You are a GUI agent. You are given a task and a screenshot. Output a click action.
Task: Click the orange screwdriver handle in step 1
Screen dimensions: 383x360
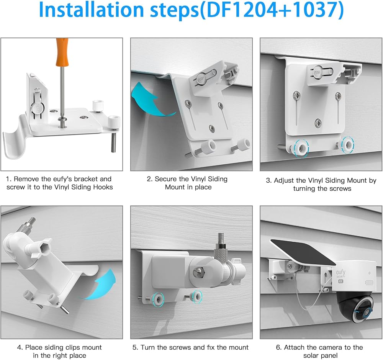pos(62,52)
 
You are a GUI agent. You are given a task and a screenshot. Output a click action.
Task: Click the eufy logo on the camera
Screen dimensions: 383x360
pos(340,272)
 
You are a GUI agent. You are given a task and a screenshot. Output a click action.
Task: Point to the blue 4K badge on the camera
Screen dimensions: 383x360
pos(341,281)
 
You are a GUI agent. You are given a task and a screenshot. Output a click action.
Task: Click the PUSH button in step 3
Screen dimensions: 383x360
pos(317,72)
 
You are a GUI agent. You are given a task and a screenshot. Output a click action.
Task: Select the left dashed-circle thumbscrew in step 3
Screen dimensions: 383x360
pos(301,147)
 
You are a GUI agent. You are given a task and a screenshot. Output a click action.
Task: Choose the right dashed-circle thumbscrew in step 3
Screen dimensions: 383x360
pos(348,145)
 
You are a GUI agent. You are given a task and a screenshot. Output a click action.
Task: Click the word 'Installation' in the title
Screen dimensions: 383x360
pos(91,10)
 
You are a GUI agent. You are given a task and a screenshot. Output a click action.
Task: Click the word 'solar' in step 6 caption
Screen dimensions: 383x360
pos(311,356)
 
